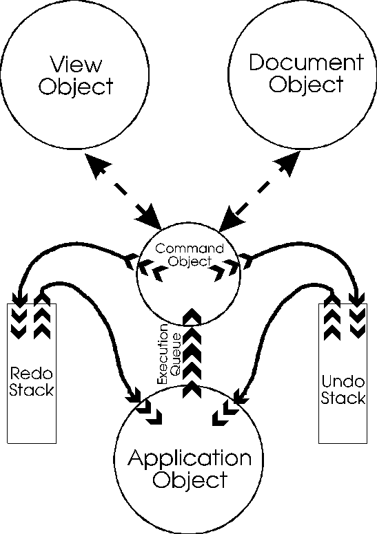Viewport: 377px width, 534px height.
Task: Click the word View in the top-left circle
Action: (x=76, y=64)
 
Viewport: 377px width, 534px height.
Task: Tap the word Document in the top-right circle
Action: (x=306, y=63)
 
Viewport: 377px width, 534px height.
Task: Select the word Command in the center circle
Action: (x=190, y=248)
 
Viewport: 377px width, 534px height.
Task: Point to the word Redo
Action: (x=31, y=374)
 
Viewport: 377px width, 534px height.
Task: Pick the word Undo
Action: (x=343, y=381)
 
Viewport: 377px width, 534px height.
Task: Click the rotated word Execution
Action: (x=163, y=354)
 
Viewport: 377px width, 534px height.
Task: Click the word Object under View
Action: (x=76, y=87)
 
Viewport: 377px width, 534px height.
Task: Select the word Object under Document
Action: (x=306, y=85)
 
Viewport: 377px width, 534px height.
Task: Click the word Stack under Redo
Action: (x=31, y=390)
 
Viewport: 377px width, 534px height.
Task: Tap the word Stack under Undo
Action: (x=343, y=398)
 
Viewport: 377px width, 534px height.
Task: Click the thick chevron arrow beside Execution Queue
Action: (x=192, y=353)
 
